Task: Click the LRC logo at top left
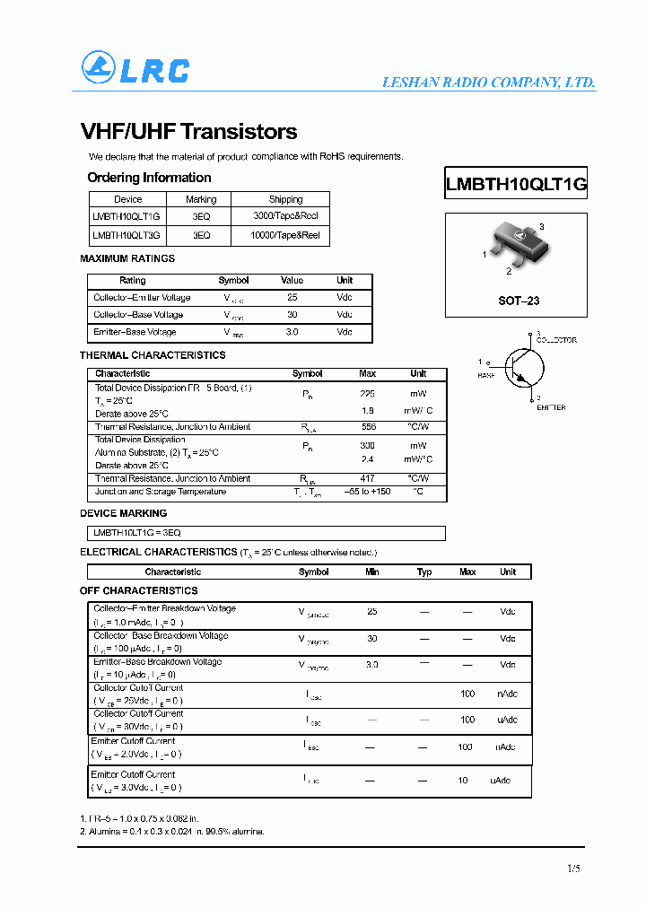pyautogui.click(x=135, y=69)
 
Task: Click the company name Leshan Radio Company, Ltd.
pyautogui.click(x=488, y=83)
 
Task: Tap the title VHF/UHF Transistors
pyautogui.click(x=188, y=132)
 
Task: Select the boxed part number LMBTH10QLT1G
pyautogui.click(x=516, y=185)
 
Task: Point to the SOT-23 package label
pyautogui.click(x=519, y=301)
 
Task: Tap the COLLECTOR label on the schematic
pyautogui.click(x=556, y=340)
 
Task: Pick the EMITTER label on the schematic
pyautogui.click(x=551, y=407)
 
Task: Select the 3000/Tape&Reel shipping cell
pyautogui.click(x=285, y=216)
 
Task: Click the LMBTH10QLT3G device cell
pyautogui.click(x=127, y=235)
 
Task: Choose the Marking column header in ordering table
pyautogui.click(x=200, y=199)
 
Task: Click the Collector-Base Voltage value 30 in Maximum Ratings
pyautogui.click(x=292, y=315)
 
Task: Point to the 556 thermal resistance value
pyautogui.click(x=368, y=427)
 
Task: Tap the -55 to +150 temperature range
pyautogui.click(x=368, y=492)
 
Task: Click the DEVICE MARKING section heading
pyautogui.click(x=124, y=513)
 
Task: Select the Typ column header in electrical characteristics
pyautogui.click(x=424, y=572)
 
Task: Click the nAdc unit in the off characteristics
pyautogui.click(x=508, y=694)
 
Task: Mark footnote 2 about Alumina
pyautogui.click(x=172, y=832)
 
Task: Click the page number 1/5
pyautogui.click(x=574, y=868)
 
